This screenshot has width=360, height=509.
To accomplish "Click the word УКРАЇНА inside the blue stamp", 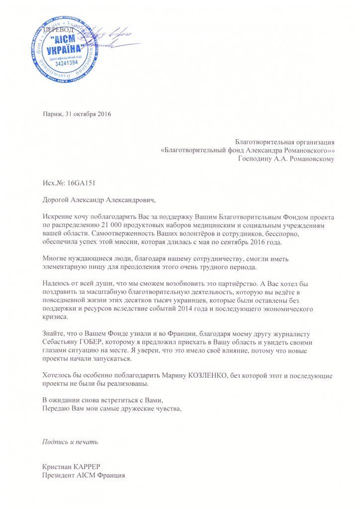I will pyautogui.click(x=66, y=51).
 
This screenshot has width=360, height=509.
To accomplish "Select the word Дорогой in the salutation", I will pyautogui.click(x=57, y=200).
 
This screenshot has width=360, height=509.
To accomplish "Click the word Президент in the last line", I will pyautogui.click(x=61, y=475).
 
